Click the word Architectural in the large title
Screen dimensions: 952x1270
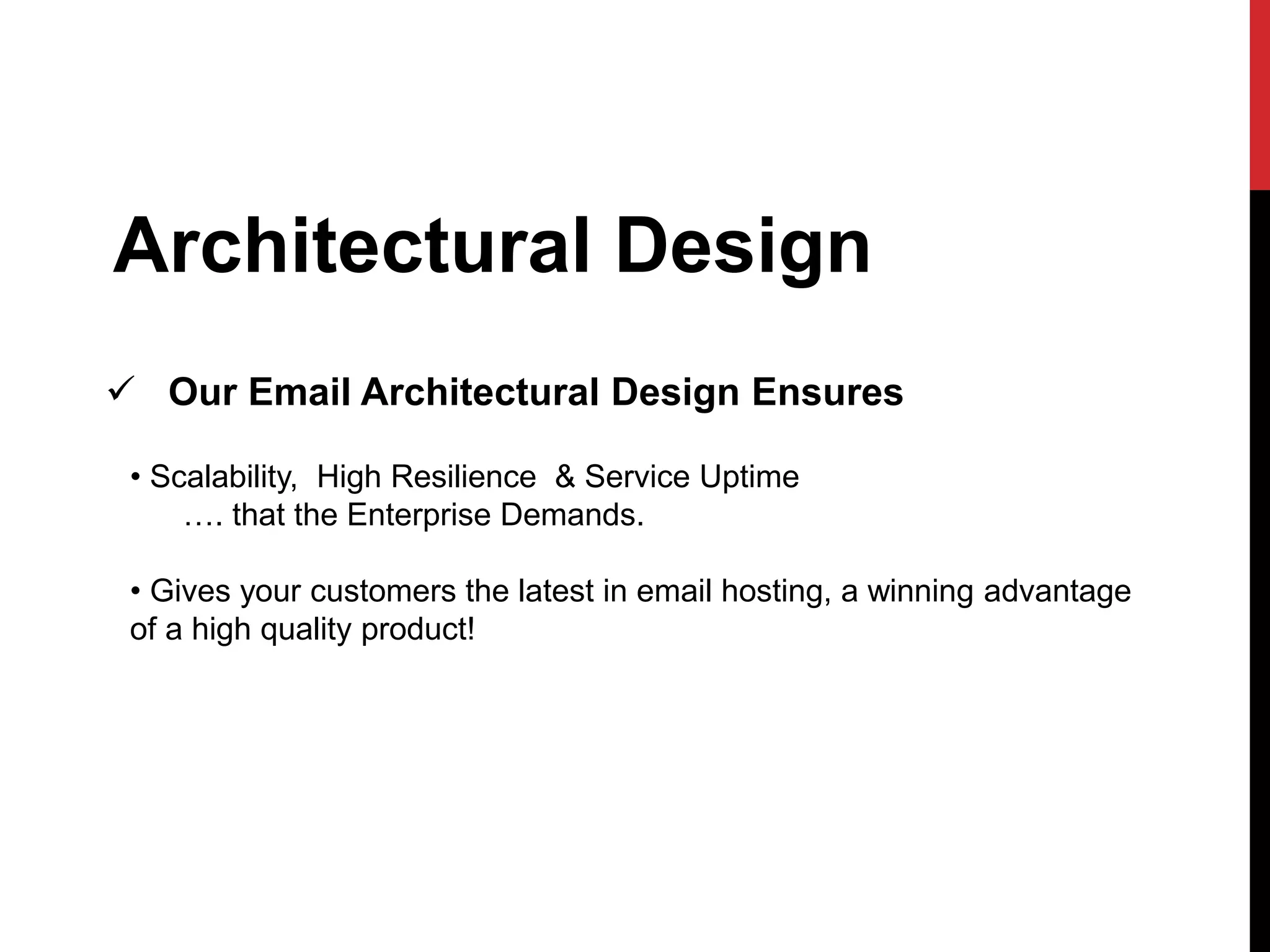350,245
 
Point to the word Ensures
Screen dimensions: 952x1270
827,392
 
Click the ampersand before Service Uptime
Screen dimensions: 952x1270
565,477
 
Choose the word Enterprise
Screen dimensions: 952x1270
419,515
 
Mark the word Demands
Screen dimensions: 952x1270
571,515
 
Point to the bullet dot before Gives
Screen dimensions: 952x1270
136,591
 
